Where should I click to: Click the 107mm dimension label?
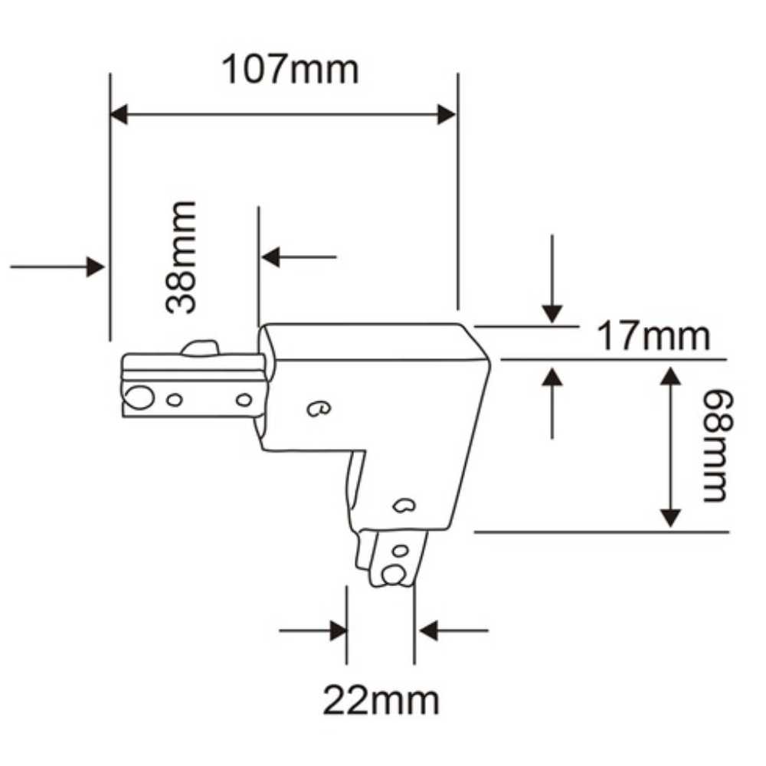(290, 70)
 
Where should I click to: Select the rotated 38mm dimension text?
(182, 257)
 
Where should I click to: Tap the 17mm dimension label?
(653, 337)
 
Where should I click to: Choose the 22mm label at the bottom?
(381, 700)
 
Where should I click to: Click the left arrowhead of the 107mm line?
(119, 115)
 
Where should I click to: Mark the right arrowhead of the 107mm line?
(447, 115)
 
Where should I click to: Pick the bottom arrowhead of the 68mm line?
(671, 518)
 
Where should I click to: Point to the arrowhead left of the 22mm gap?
(337, 631)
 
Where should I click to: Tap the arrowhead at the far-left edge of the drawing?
(95, 267)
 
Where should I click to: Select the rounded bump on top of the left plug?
(200, 349)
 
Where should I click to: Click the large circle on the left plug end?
(139, 398)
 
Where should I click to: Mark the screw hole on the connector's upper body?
(317, 409)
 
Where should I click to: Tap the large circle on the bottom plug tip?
(394, 574)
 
